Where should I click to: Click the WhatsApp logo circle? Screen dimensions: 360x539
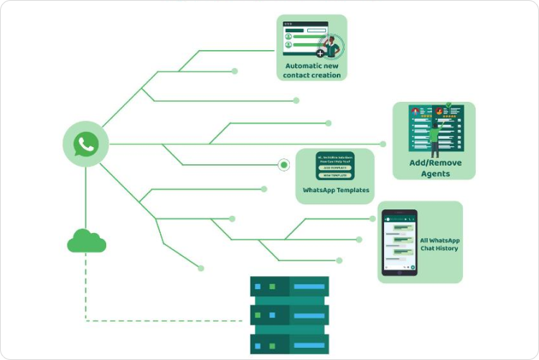click(x=86, y=144)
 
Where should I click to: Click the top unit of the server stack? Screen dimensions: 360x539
click(x=289, y=287)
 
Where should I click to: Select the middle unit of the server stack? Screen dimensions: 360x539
click(x=289, y=315)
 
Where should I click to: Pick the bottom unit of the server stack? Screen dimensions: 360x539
click(x=289, y=341)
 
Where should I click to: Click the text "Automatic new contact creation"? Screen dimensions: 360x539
click(x=311, y=70)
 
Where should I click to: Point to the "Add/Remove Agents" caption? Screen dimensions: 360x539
click(x=435, y=168)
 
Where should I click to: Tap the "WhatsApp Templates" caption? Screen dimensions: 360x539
click(x=336, y=190)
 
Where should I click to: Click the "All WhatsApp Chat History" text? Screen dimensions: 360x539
click(x=439, y=244)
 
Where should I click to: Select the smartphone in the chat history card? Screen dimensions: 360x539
click(x=399, y=242)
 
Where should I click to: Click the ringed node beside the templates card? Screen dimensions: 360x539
click(x=284, y=166)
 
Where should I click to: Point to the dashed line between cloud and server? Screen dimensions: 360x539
click(x=165, y=320)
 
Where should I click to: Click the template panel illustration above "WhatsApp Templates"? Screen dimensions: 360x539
click(x=335, y=166)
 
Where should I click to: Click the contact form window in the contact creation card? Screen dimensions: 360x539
click(x=304, y=39)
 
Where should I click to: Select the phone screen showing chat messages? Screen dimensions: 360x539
click(x=399, y=242)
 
